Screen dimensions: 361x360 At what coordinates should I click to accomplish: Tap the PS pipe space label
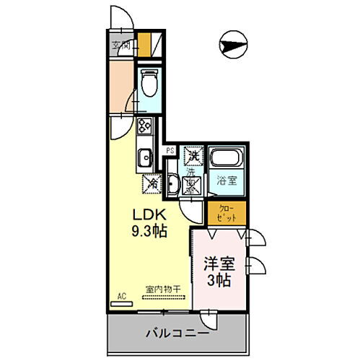[171, 150]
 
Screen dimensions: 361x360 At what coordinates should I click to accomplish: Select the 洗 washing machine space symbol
[193, 155]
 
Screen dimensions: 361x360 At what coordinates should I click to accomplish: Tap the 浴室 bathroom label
[226, 180]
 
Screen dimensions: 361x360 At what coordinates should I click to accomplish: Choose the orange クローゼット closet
[226, 212]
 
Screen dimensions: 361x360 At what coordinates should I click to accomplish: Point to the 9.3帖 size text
[148, 232]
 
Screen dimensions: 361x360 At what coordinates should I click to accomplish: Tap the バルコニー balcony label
[177, 334]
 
